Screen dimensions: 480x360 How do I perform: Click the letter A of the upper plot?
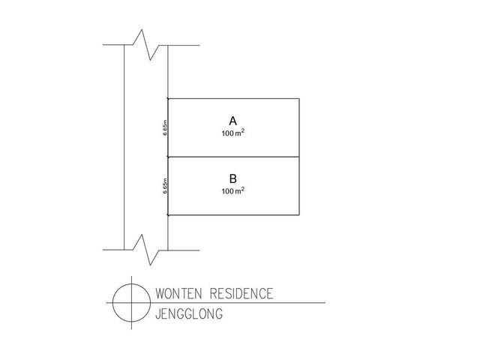[x=233, y=121]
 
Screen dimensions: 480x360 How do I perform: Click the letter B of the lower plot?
[x=233, y=178]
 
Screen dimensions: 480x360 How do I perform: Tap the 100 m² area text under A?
[x=233, y=133]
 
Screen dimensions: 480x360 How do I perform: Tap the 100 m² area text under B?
[x=233, y=190]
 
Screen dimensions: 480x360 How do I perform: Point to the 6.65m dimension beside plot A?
[x=165, y=127]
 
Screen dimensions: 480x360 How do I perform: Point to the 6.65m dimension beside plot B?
[x=165, y=186]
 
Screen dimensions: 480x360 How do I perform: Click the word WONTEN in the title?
[x=178, y=293]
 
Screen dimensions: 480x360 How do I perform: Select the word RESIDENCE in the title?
[x=241, y=293]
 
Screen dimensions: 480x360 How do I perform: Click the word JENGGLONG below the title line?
[x=189, y=314]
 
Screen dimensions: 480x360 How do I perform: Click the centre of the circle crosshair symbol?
[x=132, y=303]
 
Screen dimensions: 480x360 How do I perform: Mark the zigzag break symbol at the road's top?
[x=146, y=45]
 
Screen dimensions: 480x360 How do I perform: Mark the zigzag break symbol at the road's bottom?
[x=146, y=250]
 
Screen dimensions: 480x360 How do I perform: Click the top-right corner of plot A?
[x=299, y=98]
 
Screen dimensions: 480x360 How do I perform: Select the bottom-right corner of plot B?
[x=299, y=215]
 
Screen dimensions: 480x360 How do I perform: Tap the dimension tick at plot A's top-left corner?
[x=168, y=98]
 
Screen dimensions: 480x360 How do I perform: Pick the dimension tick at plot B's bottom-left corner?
[x=168, y=215]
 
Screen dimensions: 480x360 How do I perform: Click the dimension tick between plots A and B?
[x=168, y=157]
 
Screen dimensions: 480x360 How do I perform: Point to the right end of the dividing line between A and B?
[x=299, y=157]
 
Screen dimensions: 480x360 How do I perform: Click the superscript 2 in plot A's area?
[x=243, y=130]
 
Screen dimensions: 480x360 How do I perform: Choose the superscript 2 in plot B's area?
[x=243, y=188]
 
